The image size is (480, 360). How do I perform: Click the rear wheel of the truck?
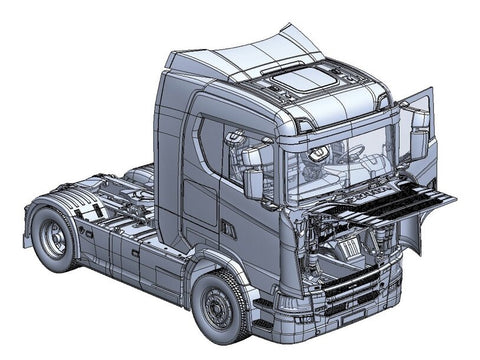coord(52,238)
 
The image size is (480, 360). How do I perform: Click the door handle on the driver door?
coord(228,229)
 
